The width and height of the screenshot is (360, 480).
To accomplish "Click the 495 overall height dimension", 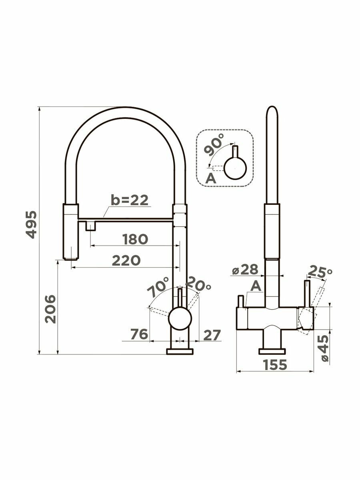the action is tap(31, 224).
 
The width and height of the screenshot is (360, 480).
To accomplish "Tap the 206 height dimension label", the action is tap(50, 309).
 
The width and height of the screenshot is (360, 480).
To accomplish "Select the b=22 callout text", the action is tap(130, 200).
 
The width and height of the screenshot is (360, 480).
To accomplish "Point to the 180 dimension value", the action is tap(135, 239).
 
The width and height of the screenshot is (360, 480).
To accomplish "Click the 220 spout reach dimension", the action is tap(126, 260).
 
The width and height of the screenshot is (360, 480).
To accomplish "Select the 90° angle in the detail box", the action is tap(214, 144).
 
